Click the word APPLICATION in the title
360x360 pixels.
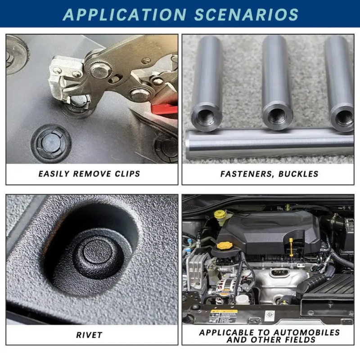[x=124, y=15]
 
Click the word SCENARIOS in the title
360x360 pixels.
[x=246, y=15]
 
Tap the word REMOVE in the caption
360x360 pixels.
[x=92, y=174]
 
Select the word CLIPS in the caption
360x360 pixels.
[x=127, y=174]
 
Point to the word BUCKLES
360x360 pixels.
[x=298, y=174]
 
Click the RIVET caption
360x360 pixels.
[x=89, y=335]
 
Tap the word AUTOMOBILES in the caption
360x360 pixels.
[x=306, y=333]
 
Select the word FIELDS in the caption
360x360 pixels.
[x=300, y=340]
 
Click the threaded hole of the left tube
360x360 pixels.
[x=206, y=117]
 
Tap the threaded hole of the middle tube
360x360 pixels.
[x=277, y=117]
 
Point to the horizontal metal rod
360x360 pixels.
[x=269, y=144]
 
